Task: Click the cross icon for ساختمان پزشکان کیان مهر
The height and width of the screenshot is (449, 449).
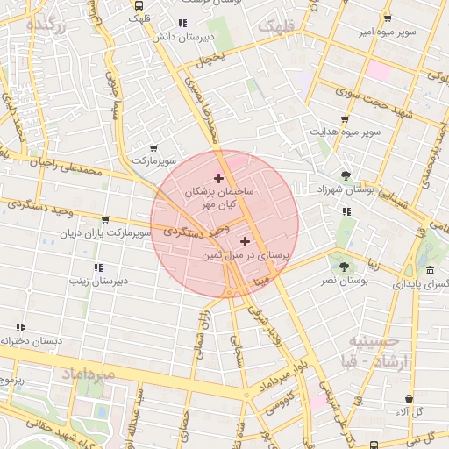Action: [218, 178]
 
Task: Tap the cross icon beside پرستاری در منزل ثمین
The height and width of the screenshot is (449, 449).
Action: [244, 241]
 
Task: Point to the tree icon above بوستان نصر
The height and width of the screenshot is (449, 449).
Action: [344, 266]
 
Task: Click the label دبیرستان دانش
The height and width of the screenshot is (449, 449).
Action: [181, 38]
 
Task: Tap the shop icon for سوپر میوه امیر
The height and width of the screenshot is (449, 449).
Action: [387, 18]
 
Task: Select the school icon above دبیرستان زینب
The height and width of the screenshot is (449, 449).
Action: [98, 267]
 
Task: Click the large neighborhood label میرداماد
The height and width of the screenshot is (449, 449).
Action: [88, 374]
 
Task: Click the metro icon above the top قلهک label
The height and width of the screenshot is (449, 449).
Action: [137, 4]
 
